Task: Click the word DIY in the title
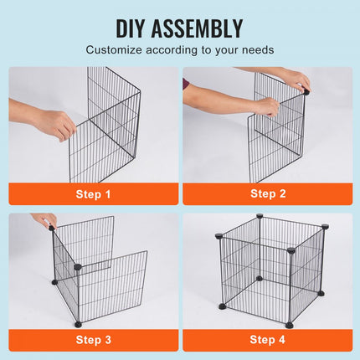pos(131,28)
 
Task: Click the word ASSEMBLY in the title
pos(197,28)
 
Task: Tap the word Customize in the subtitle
pos(114,50)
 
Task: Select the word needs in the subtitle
pos(258,50)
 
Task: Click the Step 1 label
pos(93,194)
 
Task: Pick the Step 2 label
pos(268,193)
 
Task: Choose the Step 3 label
pos(93,340)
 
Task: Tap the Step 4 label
pos(267,340)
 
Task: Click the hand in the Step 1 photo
pos(56,125)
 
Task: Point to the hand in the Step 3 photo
pos(44,219)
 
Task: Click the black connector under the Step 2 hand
pos(306,90)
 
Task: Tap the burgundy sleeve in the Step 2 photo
pos(186,84)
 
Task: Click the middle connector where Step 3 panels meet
pos(78,266)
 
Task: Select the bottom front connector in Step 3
pos(78,324)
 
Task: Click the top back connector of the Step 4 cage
pos(260,216)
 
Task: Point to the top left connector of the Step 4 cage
pos(219,236)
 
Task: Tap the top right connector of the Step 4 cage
pos(325,227)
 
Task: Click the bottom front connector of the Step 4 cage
pos(290,325)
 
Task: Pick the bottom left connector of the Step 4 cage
pos(223,306)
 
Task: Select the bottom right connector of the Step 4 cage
pos(321,293)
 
